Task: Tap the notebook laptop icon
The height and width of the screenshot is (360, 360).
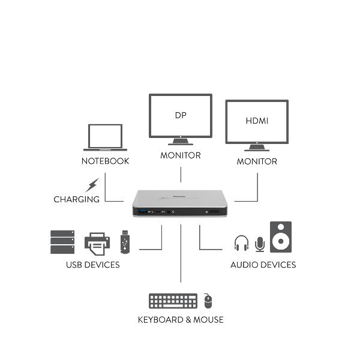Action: click(x=105, y=138)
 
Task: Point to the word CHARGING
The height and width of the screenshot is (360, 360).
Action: click(x=76, y=199)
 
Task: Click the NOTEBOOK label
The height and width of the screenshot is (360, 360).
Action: click(x=105, y=161)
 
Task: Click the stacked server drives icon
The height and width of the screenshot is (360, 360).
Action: click(x=62, y=242)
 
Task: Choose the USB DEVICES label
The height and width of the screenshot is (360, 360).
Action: click(x=93, y=265)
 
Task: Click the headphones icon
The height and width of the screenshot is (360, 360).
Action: click(x=241, y=243)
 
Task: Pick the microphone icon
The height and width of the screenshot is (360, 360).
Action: click(x=260, y=244)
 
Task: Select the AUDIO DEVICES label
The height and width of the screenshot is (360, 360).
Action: click(x=263, y=265)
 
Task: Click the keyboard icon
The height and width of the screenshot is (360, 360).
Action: click(x=173, y=301)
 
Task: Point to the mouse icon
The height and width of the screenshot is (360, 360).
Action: click(x=208, y=301)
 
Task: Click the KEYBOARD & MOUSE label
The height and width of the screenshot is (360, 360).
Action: click(x=181, y=320)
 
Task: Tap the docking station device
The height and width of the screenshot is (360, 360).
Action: click(x=180, y=203)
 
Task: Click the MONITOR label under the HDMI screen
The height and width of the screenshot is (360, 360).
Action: click(x=257, y=161)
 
